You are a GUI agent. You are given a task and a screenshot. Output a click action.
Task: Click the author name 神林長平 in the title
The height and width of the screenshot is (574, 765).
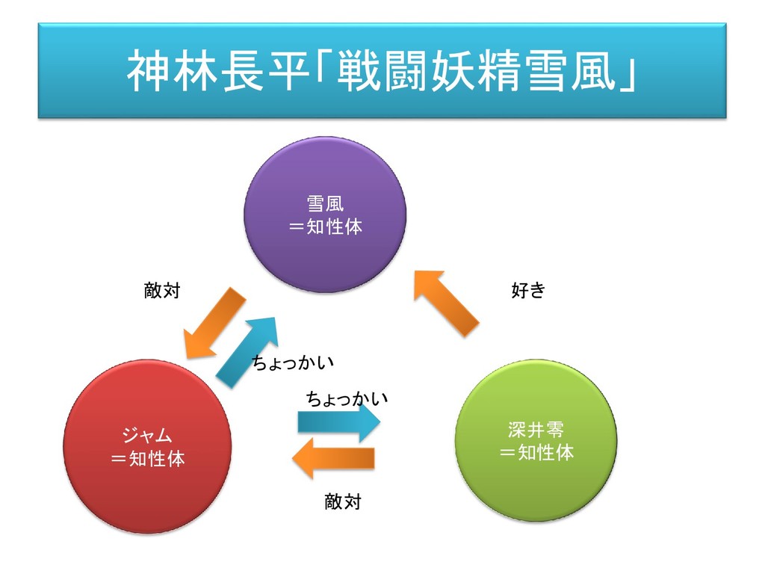[x=217, y=72]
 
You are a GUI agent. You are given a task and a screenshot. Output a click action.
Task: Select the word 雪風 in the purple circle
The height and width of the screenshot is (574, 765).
[x=325, y=203]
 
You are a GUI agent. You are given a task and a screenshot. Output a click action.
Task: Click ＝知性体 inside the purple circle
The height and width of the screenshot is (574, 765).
[x=325, y=226]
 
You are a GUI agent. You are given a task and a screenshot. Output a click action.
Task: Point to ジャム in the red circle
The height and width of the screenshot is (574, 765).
[x=147, y=435]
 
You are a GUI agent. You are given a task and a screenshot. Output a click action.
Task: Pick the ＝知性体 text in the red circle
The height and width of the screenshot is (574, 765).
[x=147, y=458]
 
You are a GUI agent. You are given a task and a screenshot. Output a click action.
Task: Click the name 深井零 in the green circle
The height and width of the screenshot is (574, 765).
[x=536, y=430]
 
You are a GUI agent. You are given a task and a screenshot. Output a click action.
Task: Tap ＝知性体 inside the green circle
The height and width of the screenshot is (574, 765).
[x=536, y=452]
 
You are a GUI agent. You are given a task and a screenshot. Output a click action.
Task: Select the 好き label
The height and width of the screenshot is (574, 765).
[x=528, y=291]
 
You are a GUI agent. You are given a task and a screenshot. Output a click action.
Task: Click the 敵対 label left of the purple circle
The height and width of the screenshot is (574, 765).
[x=162, y=291]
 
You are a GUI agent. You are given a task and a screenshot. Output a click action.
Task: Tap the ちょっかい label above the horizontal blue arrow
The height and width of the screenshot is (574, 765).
[x=347, y=398]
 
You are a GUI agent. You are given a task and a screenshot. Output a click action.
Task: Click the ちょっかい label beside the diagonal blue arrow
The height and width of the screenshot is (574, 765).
[x=292, y=362]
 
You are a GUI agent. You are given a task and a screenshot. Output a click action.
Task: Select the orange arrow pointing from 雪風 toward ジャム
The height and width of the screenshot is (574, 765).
[x=214, y=322]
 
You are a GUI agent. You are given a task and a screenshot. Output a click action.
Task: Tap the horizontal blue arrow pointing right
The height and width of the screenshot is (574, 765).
[x=338, y=423]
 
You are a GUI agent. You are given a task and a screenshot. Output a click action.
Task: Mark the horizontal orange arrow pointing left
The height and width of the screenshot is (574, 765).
[x=334, y=457]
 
